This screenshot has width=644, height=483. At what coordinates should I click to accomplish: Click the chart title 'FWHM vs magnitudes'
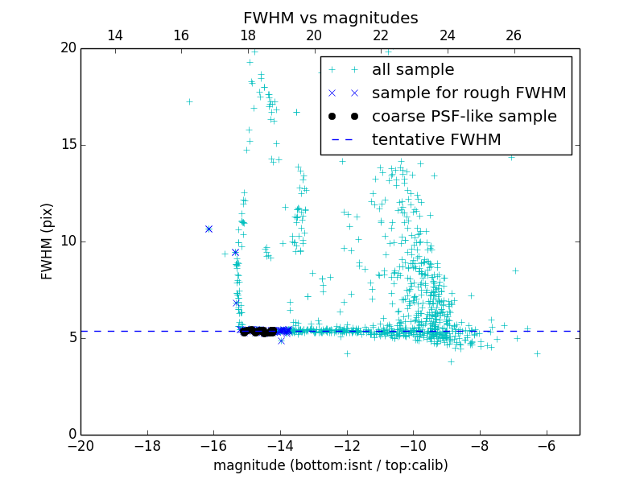(330, 18)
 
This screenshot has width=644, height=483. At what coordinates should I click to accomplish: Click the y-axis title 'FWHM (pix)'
(47, 241)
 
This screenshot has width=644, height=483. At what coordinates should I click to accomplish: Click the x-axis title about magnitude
(330, 465)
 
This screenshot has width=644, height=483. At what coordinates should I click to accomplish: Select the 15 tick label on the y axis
(68, 145)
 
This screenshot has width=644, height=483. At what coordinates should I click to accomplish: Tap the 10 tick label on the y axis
(68, 242)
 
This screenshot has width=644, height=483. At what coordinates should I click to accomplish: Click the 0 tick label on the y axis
(72, 435)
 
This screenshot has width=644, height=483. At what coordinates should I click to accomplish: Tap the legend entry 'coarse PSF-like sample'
(464, 117)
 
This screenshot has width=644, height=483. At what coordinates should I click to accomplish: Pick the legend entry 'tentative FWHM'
(436, 140)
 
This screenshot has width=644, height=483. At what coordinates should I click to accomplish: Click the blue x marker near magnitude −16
(208, 229)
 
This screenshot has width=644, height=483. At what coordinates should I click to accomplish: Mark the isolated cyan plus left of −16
(189, 102)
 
